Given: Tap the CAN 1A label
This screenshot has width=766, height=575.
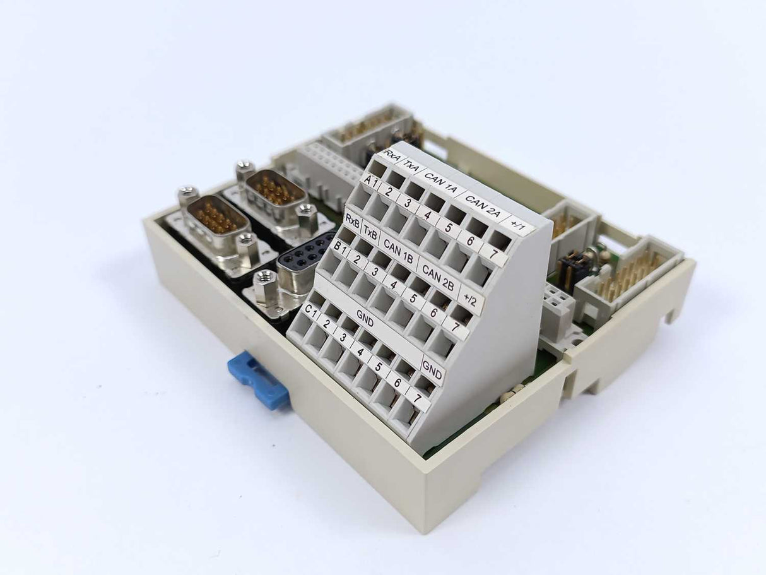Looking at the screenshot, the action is click(440, 182).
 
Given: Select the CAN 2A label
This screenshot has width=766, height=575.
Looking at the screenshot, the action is click(481, 207).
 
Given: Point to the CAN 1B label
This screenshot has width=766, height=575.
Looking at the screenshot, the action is click(398, 251).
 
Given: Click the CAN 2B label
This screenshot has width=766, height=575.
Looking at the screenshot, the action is click(438, 278).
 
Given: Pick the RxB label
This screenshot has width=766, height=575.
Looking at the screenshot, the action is click(352, 221).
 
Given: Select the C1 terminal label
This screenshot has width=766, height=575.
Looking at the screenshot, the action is click(310, 311).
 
